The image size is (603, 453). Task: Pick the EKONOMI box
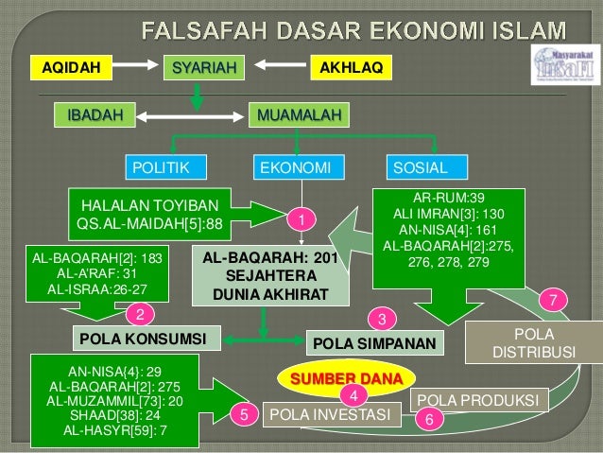pyautogui.click(x=296, y=168)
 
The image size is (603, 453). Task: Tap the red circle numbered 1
pyautogui.click(x=301, y=219)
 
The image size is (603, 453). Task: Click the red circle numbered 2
pyautogui.click(x=140, y=314)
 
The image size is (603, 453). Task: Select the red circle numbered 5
pyautogui.click(x=244, y=413)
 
